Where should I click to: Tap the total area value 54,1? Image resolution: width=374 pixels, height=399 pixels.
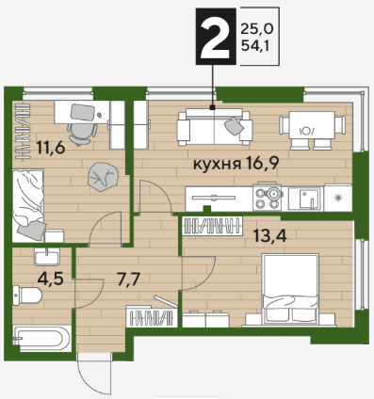[x=255, y=46]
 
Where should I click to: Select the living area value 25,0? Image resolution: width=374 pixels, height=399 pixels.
[x=257, y=29]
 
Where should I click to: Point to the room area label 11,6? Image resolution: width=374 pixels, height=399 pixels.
[x=51, y=148]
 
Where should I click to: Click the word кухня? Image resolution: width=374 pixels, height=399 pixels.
[x=217, y=164]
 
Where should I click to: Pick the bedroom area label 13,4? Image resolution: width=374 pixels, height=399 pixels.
[x=270, y=235]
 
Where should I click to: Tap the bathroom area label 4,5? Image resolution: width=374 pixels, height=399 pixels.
[x=50, y=278]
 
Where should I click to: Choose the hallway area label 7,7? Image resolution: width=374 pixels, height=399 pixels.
[x=128, y=279]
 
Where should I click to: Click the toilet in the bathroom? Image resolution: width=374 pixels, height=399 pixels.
[x=27, y=295]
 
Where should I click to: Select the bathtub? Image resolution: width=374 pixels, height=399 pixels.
[x=42, y=339]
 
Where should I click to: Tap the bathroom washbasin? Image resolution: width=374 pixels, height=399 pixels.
[x=47, y=257]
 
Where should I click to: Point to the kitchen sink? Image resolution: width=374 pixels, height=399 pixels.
[x=305, y=199]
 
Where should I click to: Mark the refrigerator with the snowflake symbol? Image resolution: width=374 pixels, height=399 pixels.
[x=338, y=198]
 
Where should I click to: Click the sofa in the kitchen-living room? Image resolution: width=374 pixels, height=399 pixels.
[x=215, y=127]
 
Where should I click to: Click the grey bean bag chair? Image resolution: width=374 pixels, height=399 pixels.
[x=104, y=177]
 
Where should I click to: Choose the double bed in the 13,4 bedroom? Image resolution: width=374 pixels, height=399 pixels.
[x=290, y=289]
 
